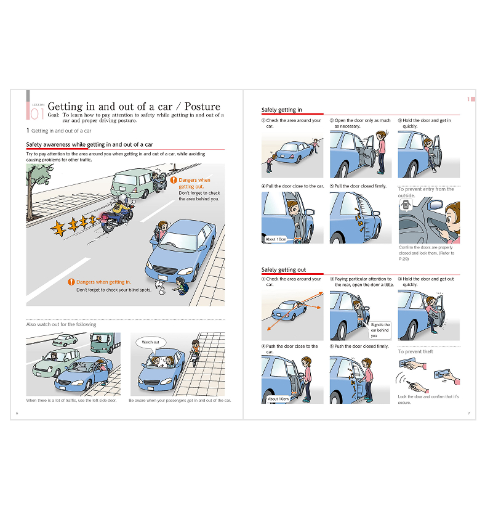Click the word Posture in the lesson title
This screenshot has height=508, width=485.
click(202, 106)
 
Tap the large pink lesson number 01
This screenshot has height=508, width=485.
click(37, 113)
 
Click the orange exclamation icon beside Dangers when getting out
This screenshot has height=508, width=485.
click(174, 180)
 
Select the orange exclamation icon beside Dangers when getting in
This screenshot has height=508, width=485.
click(71, 282)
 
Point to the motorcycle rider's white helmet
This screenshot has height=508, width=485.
click(122, 198)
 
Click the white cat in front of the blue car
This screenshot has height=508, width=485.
click(161, 288)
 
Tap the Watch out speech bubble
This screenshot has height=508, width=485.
click(151, 342)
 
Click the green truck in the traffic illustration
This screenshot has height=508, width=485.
click(105, 342)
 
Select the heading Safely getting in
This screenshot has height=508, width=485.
click(281, 110)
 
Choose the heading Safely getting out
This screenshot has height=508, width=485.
click(283, 270)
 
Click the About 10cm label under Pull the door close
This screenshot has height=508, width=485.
click(276, 239)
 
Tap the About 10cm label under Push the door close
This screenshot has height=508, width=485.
click(278, 399)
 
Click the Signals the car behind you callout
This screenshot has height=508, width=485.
click(380, 330)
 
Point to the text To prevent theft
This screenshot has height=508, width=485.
click(415, 352)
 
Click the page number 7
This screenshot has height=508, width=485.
click(469, 413)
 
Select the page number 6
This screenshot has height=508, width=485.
click(17, 413)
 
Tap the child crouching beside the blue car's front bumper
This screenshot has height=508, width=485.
click(180, 286)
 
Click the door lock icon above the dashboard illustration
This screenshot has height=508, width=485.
click(406, 205)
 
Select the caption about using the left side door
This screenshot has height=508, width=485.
click(71, 401)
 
